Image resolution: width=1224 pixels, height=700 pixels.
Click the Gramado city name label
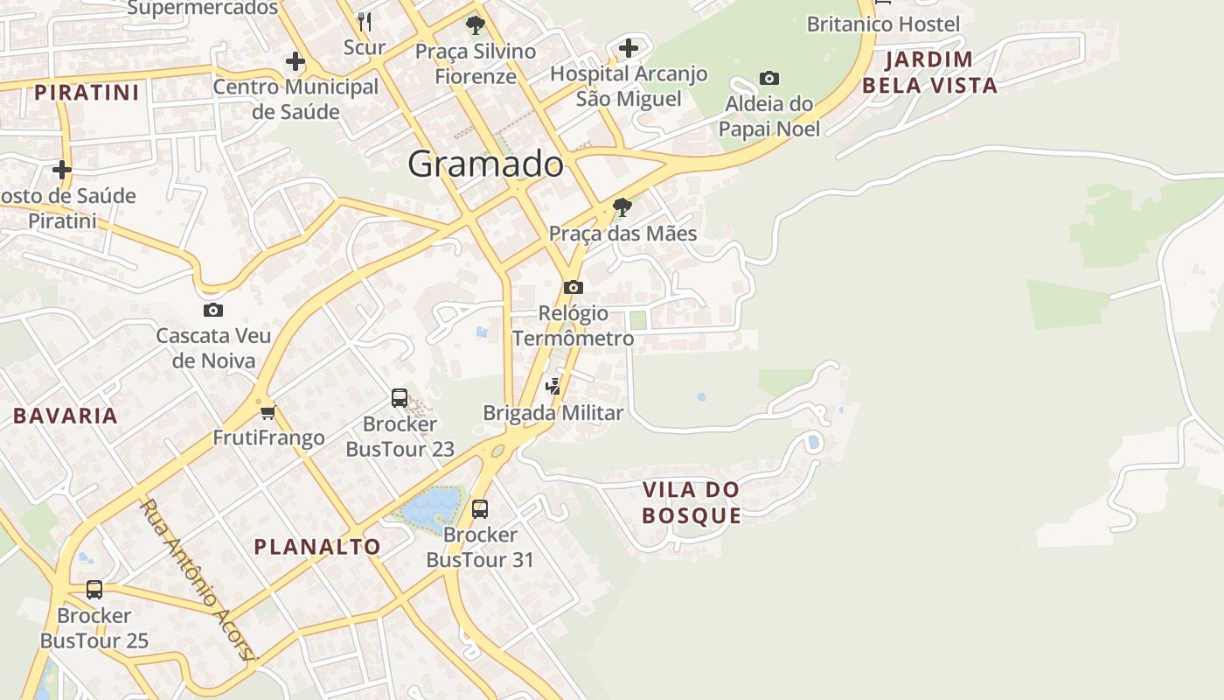485,164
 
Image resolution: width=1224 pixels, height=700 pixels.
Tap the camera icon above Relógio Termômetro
574,287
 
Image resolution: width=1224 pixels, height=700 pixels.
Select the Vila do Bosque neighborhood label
692,502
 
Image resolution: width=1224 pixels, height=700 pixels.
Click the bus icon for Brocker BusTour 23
400,398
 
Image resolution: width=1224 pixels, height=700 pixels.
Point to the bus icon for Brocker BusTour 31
480,508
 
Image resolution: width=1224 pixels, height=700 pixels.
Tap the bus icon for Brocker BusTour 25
94,590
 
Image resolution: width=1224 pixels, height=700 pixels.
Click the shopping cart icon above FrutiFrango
268,412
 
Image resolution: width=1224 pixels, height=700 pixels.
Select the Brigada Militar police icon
553,386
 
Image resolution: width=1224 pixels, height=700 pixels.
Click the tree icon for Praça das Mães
622,207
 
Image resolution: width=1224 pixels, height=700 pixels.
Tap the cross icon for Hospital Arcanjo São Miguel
629,48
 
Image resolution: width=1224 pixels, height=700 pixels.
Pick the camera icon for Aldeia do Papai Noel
769,78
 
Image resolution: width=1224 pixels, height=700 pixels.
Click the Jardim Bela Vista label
929,73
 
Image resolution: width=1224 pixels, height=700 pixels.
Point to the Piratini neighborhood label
87,92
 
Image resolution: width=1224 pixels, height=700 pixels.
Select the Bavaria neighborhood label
66,416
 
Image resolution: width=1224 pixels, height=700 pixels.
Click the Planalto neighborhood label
317,547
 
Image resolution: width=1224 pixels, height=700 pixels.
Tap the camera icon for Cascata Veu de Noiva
212,310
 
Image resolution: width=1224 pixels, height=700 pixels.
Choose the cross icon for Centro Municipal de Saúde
296,61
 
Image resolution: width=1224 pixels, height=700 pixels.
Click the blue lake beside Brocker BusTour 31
430,506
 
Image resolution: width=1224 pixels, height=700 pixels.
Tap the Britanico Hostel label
883,24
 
